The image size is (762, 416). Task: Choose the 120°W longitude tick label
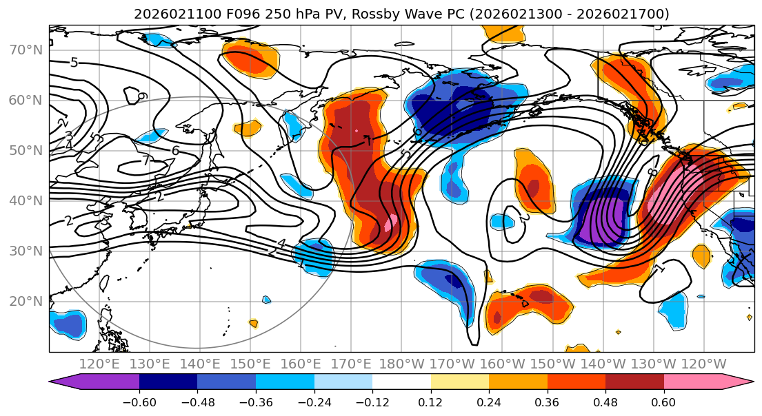pyautogui.click(x=704, y=364)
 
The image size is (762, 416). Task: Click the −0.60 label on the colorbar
pyautogui.click(x=139, y=402)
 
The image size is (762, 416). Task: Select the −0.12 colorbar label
pyautogui.click(x=372, y=402)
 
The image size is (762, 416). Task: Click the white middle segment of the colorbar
pyautogui.click(x=401, y=382)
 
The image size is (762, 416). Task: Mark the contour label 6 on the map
pyautogui.click(x=175, y=151)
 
